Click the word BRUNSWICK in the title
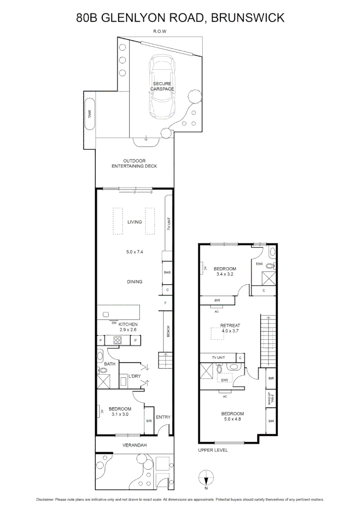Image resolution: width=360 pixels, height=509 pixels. [247, 18]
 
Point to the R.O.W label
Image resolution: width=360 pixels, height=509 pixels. [160, 32]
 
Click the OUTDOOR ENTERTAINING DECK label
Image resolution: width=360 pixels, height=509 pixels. [134, 164]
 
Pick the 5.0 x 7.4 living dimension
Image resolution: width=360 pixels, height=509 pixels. [134, 252]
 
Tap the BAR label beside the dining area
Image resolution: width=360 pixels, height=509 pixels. [167, 272]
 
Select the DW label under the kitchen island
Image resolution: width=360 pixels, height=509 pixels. [114, 323]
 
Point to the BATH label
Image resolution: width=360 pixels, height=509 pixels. [109, 364]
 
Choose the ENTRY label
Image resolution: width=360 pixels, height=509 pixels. [163, 417]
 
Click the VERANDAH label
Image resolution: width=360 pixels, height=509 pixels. [135, 445]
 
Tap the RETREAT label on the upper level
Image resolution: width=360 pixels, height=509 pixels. [230, 326]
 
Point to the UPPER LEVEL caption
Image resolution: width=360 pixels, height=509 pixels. [213, 450]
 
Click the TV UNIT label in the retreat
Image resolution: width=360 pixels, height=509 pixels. [218, 358]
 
